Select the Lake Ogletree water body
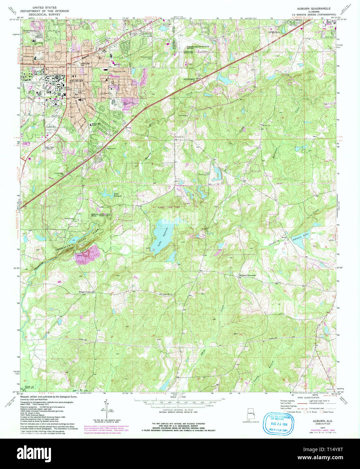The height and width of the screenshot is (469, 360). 162,233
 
